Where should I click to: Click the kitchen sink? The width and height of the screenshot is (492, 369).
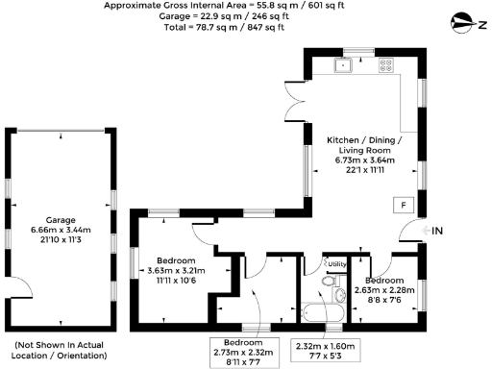tap(344, 66)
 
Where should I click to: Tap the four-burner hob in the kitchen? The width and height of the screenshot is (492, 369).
tap(386, 66)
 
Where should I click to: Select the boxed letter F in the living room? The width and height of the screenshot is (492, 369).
tap(404, 205)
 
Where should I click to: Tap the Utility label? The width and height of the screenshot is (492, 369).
tap(336, 263)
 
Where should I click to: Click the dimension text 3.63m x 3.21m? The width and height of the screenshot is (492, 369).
tap(176, 271)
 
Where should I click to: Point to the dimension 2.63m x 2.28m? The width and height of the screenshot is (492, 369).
tap(383, 290)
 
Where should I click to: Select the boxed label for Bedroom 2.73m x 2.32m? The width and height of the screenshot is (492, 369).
tap(244, 352)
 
